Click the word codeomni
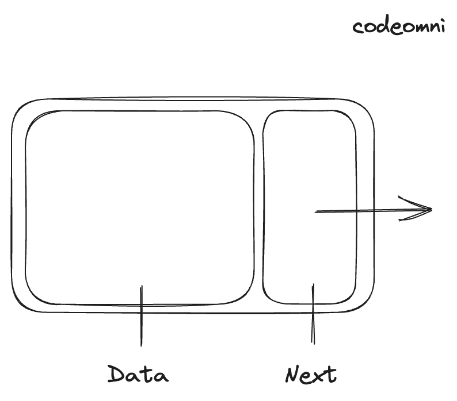coord(399,26)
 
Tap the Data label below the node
coord(138,375)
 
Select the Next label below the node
coord(311,375)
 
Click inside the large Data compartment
coord(139,207)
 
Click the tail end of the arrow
coord(317,212)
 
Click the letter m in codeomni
coord(417,28)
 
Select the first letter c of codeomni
coord(358,28)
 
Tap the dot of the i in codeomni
coord(441,21)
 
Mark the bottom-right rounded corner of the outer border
coord(366,304)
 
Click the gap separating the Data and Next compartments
coord(258,207)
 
